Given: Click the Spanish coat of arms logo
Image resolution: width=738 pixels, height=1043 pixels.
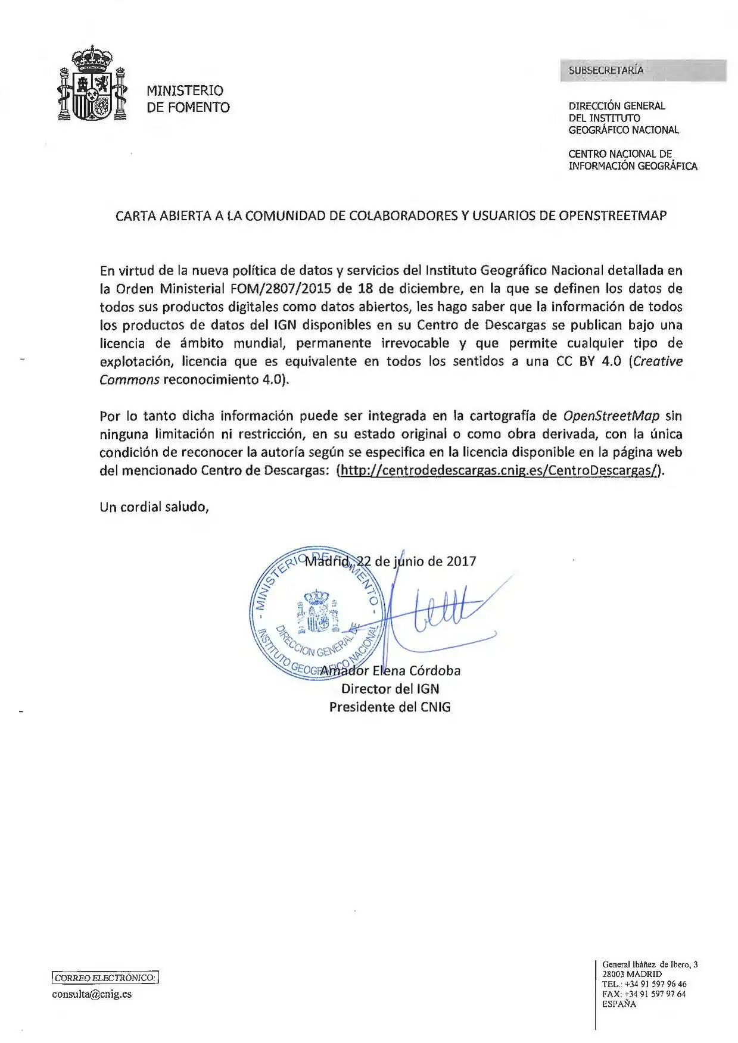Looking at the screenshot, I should [92, 85].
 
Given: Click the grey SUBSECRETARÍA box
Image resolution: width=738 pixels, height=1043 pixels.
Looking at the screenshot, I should [643, 70].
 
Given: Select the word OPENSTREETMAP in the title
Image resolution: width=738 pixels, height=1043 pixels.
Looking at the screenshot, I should [612, 216].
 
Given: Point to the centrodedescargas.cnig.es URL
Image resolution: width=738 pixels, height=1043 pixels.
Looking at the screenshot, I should [499, 470].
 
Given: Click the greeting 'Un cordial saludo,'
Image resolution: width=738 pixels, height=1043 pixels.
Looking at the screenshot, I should [154, 507].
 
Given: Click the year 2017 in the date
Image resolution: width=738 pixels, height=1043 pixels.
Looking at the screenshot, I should [462, 561].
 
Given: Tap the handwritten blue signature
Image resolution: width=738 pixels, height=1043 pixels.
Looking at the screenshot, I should [435, 613].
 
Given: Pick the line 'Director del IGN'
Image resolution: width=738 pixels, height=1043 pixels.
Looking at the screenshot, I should [390, 689].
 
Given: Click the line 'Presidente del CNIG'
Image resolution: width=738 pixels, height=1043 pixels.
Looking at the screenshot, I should [390, 707].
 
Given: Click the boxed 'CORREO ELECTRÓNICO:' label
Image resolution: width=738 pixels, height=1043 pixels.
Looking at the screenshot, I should [105, 978].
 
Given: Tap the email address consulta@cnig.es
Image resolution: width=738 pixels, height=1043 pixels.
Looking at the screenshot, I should [92, 994].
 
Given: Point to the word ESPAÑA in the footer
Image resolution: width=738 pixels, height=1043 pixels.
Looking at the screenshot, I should [619, 1004].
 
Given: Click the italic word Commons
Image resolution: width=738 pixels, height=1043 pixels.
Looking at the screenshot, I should [129, 380].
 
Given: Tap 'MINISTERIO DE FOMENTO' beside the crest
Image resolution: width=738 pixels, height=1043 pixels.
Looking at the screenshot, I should [188, 99].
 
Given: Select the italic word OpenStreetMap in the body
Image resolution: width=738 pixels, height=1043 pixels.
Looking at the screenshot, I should [611, 416].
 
